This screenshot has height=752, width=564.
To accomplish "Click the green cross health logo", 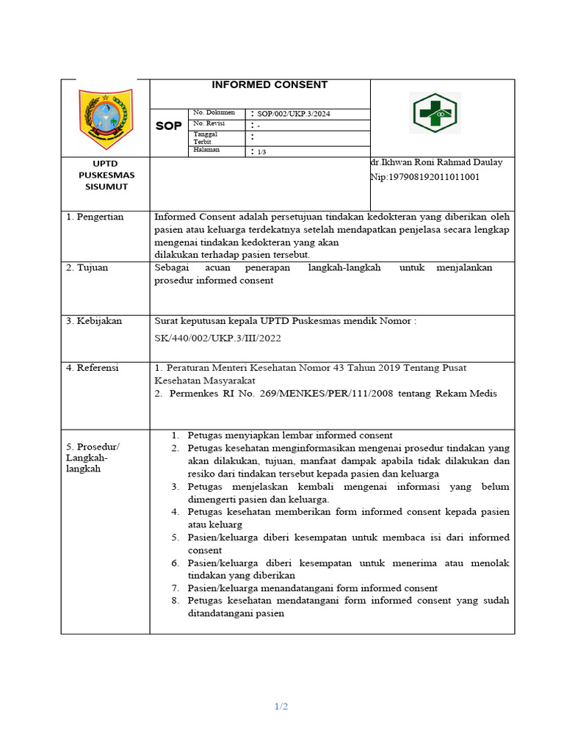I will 434,114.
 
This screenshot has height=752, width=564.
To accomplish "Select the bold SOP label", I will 168,126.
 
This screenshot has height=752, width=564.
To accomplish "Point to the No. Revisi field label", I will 210,124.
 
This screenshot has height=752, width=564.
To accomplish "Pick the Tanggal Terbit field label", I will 206,138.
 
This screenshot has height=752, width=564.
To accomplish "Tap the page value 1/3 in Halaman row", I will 262,151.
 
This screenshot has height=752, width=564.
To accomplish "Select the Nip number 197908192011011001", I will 424,177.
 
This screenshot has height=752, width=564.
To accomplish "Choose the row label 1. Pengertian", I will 95,217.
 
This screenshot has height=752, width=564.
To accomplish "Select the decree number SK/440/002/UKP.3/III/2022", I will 217,339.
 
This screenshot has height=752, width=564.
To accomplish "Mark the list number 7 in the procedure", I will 176,588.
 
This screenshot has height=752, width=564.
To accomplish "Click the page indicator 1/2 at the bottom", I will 281,706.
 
